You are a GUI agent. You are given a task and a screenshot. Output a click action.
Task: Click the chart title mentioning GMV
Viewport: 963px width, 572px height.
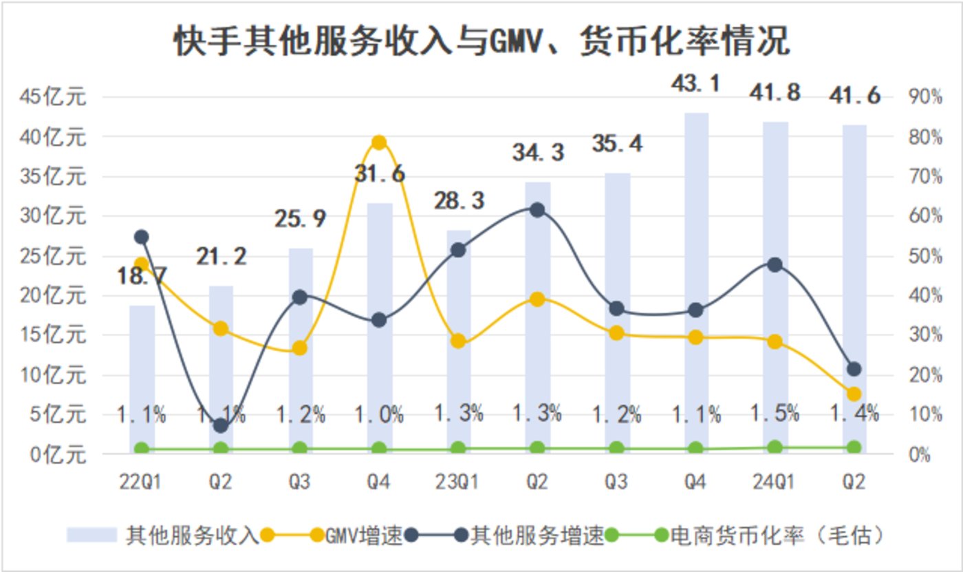click(481, 43)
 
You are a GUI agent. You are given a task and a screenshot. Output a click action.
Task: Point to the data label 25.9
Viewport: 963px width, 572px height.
click(300, 219)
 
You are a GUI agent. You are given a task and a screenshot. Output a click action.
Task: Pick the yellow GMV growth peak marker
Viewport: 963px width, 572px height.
click(379, 142)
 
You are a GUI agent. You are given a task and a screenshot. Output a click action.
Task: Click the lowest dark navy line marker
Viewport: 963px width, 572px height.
click(221, 426)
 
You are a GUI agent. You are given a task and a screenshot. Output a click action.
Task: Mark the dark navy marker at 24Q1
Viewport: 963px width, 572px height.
click(775, 265)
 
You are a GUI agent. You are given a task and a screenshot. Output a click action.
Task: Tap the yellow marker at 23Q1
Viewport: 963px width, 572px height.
click(458, 341)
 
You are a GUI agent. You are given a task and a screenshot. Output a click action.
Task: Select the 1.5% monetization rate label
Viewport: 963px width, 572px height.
click(775, 413)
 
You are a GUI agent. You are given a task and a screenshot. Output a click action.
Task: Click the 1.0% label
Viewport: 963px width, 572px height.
click(379, 414)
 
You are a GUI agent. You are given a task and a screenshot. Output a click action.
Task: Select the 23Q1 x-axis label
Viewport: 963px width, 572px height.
click(458, 483)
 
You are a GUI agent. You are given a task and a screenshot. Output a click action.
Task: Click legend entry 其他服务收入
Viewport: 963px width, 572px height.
click(193, 536)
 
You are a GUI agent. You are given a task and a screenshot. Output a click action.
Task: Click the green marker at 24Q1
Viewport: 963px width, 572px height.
click(775, 447)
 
